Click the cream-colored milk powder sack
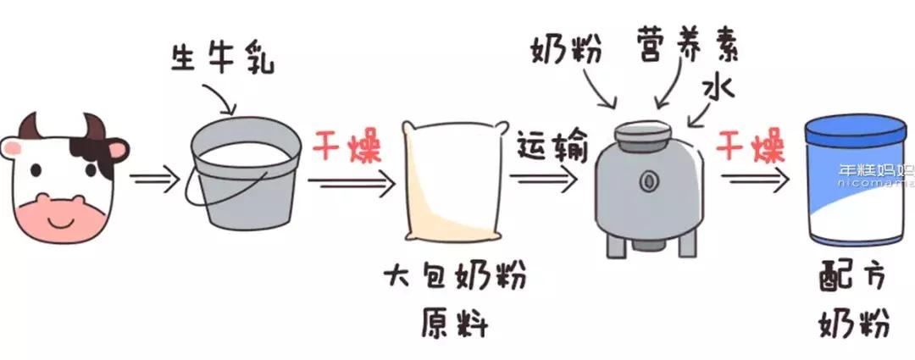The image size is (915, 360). click(451, 182)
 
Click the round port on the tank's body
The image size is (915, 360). click(650, 180)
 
